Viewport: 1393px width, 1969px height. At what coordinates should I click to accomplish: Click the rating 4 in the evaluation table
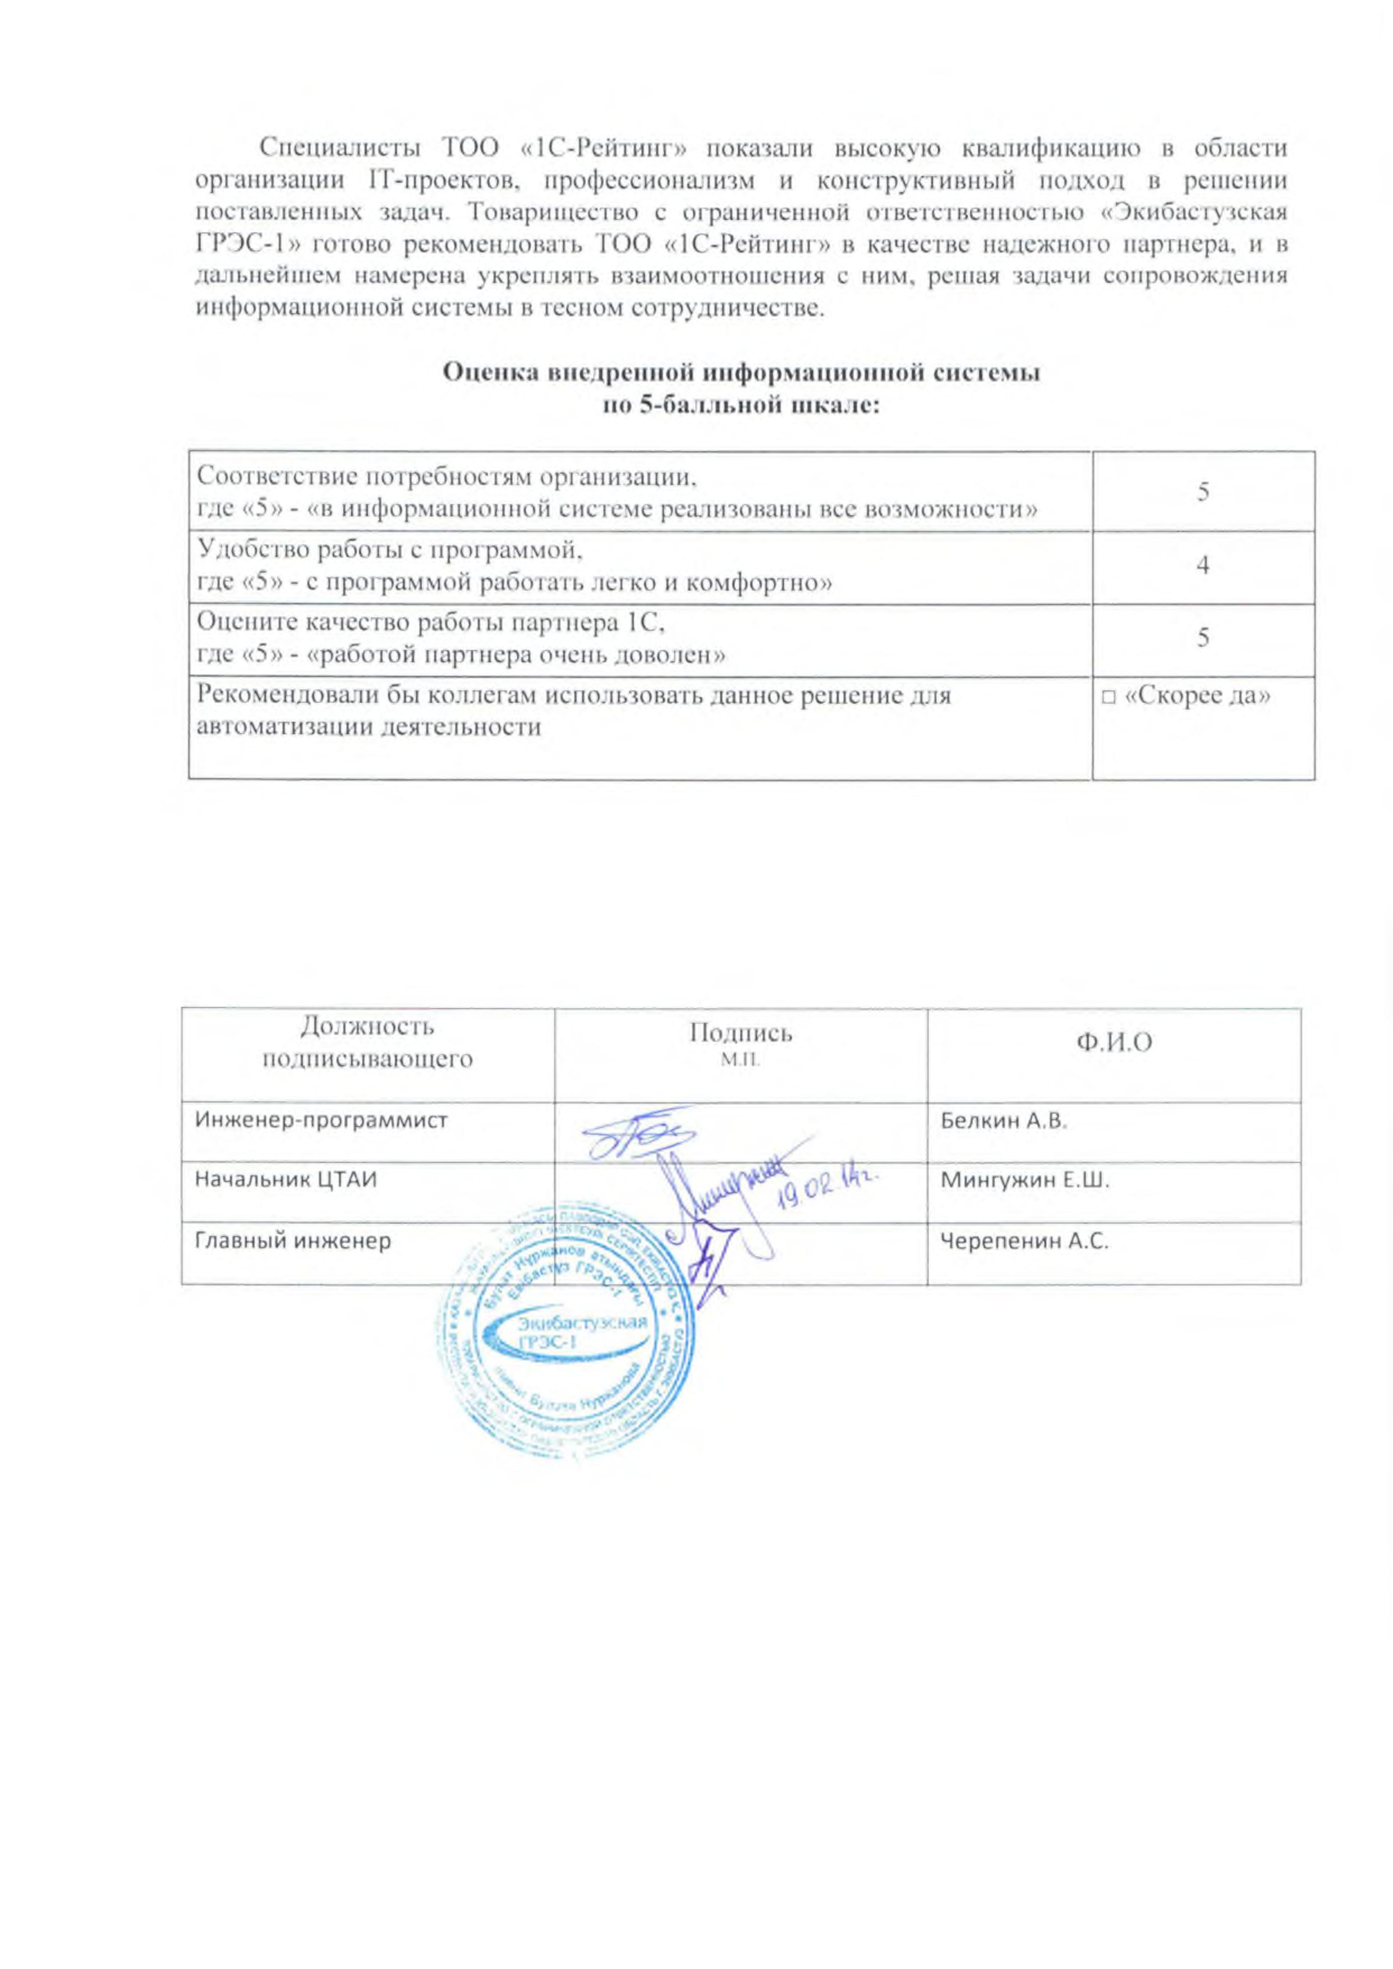1203,565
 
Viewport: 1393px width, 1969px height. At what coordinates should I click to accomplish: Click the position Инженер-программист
321,1120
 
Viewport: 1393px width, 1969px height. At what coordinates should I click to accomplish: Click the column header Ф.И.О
1114,1042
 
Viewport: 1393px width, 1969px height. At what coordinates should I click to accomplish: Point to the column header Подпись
741,1033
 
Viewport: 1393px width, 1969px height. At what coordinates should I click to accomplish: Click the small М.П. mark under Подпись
741,1060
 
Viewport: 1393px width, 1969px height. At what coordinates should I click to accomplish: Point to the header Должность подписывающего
367,1042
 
